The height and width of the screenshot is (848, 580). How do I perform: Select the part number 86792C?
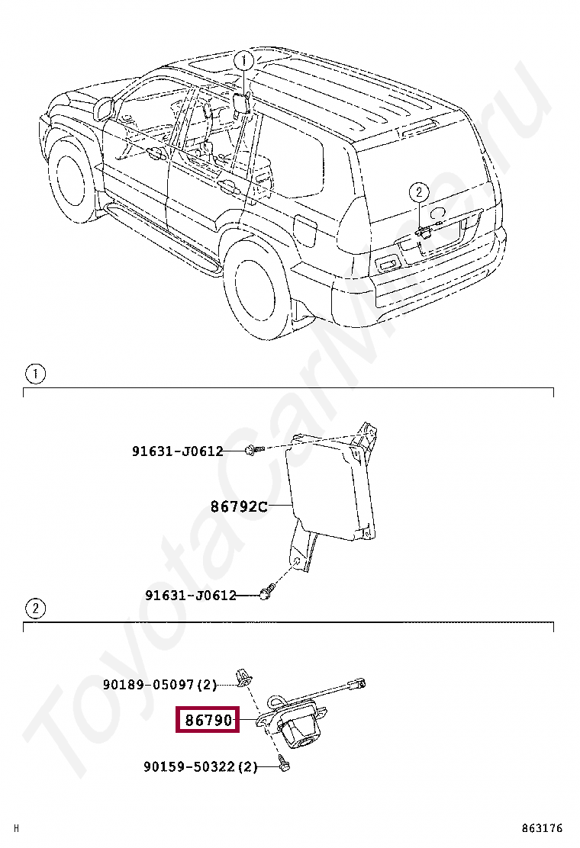tap(239, 506)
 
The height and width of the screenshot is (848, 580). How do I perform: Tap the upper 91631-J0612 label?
tap(177, 451)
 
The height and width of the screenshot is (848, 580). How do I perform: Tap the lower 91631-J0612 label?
tap(191, 595)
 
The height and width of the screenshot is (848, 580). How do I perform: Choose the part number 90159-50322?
tap(190, 766)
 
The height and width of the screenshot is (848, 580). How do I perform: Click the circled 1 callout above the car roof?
tap(243, 60)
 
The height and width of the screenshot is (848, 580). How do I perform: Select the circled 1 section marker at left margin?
tap(35, 374)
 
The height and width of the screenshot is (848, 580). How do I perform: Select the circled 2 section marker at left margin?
tap(35, 608)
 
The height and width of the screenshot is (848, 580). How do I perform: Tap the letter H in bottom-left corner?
tap(17, 829)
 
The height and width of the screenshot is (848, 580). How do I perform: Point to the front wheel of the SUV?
tap(74, 182)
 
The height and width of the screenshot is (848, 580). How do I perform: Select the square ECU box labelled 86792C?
tap(330, 492)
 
